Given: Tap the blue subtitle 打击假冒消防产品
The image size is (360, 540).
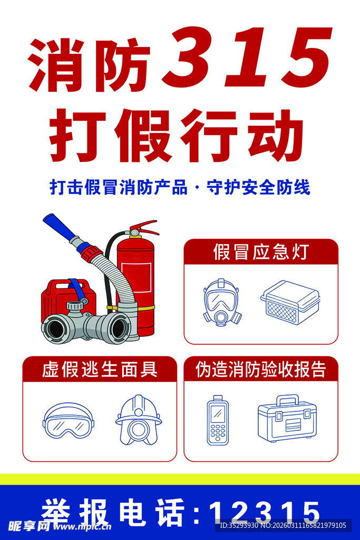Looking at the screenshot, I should pyautogui.click(x=118, y=187).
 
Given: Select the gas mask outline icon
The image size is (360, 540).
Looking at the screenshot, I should pyautogui.click(x=222, y=303).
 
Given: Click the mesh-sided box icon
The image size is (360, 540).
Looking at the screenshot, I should pyautogui.click(x=290, y=302).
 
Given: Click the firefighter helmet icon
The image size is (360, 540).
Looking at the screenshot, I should pyautogui.click(x=138, y=420).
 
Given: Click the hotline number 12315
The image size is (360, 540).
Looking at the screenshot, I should pyautogui.click(x=264, y=512).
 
